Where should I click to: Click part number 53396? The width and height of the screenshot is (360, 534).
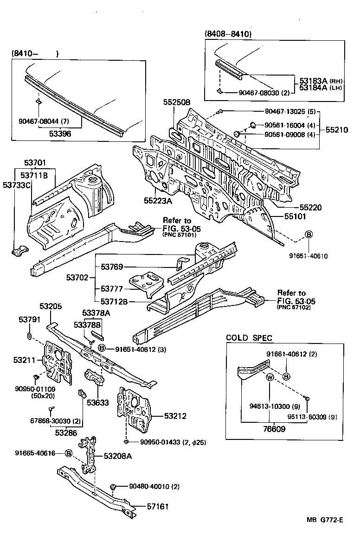click(60, 133)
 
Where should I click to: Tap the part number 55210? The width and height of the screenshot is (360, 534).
click(336, 131)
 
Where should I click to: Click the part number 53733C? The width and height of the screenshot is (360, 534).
click(16, 185)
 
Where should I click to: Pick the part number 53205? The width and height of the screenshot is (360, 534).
click(51, 306)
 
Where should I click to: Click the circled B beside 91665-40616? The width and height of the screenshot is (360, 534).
click(69, 453)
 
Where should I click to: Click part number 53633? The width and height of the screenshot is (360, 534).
click(97, 402)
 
